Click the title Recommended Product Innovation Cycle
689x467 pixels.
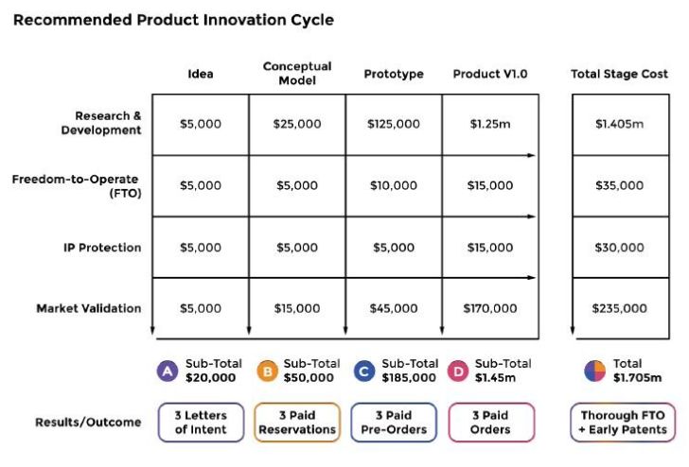click(173, 19)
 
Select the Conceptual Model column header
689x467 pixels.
click(297, 73)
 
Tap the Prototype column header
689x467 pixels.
click(394, 74)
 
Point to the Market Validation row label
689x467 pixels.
click(89, 308)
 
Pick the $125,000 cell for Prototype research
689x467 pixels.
click(393, 124)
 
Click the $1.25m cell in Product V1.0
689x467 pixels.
click(490, 124)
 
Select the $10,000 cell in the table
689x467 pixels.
click(393, 185)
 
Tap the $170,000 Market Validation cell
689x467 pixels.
click(490, 308)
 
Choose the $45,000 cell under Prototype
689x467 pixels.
click(393, 308)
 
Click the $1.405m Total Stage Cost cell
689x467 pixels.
click(620, 124)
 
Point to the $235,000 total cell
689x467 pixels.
click(620, 308)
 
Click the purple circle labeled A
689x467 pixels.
click(168, 371)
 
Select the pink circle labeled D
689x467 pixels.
click(459, 371)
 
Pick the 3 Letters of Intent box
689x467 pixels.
click(201, 423)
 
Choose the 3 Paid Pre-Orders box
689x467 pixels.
click(394, 423)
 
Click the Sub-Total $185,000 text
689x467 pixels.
click(410, 371)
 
